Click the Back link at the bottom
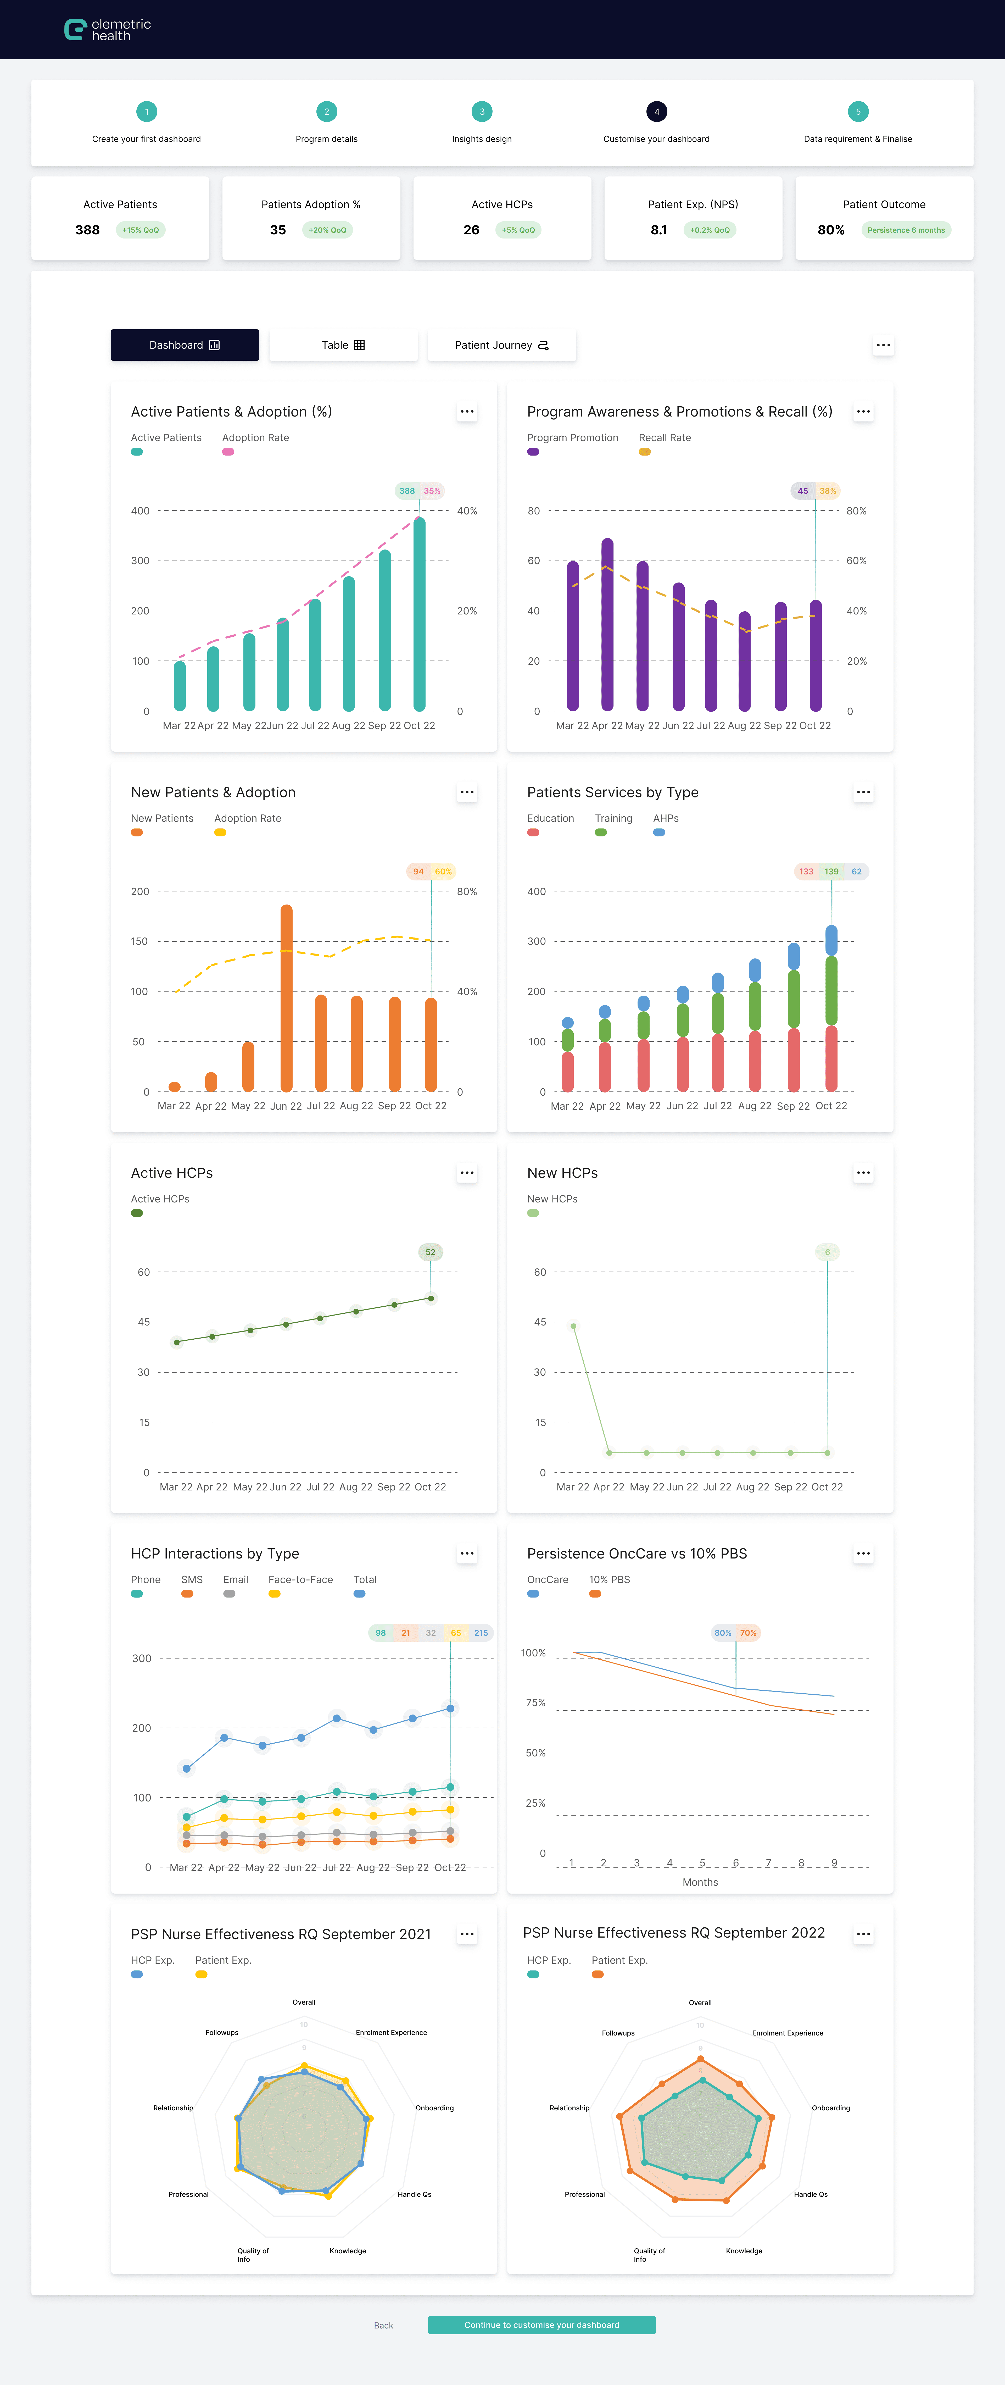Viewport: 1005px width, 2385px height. pyautogui.click(x=383, y=2325)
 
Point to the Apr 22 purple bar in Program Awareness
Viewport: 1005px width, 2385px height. pyautogui.click(x=607, y=625)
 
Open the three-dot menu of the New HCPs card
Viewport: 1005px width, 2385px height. pyautogui.click(x=862, y=1173)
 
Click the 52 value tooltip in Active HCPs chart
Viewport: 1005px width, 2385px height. pyautogui.click(x=430, y=1252)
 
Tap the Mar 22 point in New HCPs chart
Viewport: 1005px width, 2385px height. pyautogui.click(x=574, y=1326)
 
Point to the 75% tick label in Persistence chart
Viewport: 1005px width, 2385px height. pyautogui.click(x=536, y=1703)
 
